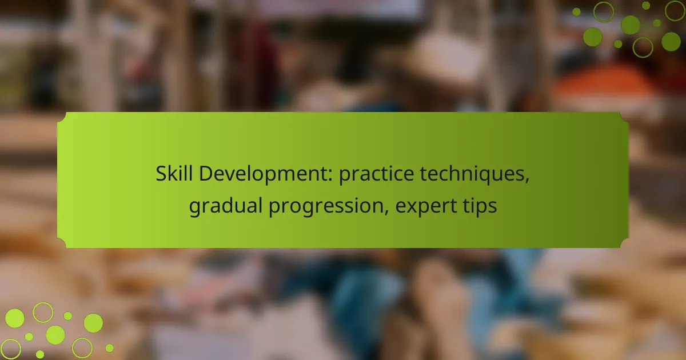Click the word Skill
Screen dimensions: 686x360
(174, 173)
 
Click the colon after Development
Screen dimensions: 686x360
(330, 177)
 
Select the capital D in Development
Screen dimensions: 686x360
(206, 174)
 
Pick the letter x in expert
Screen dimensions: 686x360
(414, 208)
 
